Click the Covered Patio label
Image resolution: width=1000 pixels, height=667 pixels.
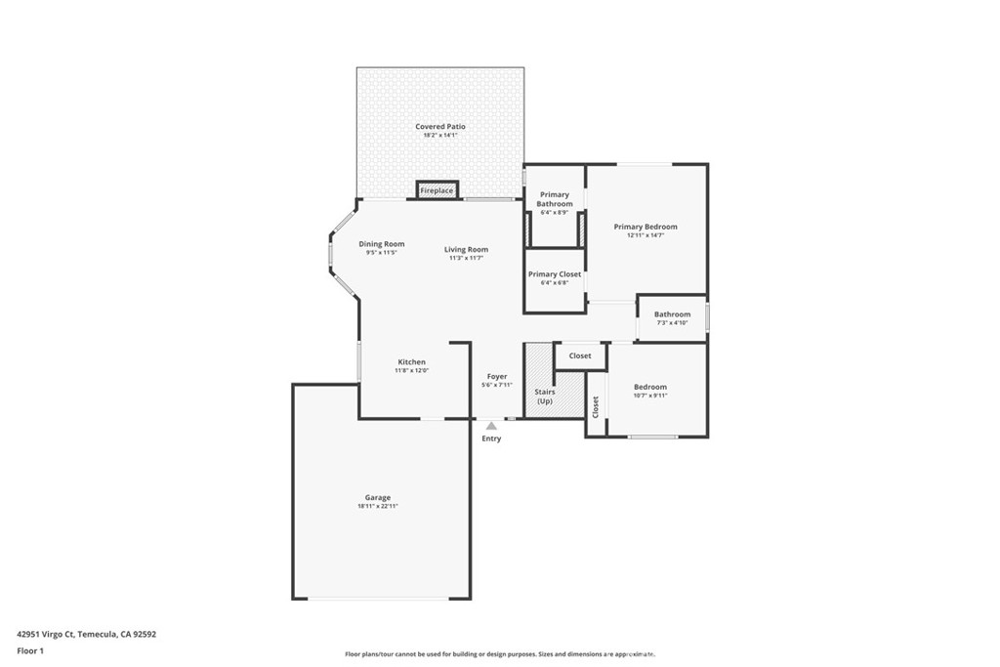pyautogui.click(x=439, y=127)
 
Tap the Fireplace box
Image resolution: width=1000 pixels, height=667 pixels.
pyautogui.click(x=437, y=190)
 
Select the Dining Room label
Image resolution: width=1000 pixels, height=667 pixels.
pyautogui.click(x=381, y=244)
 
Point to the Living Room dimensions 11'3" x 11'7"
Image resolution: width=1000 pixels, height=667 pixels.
pyautogui.click(x=466, y=259)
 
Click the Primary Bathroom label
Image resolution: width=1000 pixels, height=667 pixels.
pyautogui.click(x=554, y=199)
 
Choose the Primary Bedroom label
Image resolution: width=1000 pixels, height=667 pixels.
pyautogui.click(x=645, y=227)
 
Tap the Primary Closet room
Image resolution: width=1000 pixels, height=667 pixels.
pyautogui.click(x=555, y=278)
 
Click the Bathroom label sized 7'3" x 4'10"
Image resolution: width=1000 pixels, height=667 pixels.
pyautogui.click(x=672, y=314)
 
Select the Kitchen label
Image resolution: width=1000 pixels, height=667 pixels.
pyautogui.click(x=411, y=362)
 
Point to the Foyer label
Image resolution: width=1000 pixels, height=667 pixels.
pyautogui.click(x=497, y=376)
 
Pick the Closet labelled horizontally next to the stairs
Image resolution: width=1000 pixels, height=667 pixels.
pyautogui.click(x=580, y=355)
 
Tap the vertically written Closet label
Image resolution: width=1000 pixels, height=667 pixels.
pyautogui.click(x=596, y=406)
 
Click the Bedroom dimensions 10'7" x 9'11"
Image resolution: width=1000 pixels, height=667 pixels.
pyautogui.click(x=649, y=396)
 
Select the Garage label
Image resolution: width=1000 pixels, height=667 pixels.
pyautogui.click(x=378, y=497)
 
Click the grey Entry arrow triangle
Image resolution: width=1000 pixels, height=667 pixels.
pyautogui.click(x=491, y=426)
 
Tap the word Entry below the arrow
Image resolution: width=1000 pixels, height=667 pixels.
pyautogui.click(x=491, y=438)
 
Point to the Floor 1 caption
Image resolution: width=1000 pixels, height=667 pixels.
pyautogui.click(x=30, y=650)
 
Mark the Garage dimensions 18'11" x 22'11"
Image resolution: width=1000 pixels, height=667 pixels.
pyautogui.click(x=378, y=507)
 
